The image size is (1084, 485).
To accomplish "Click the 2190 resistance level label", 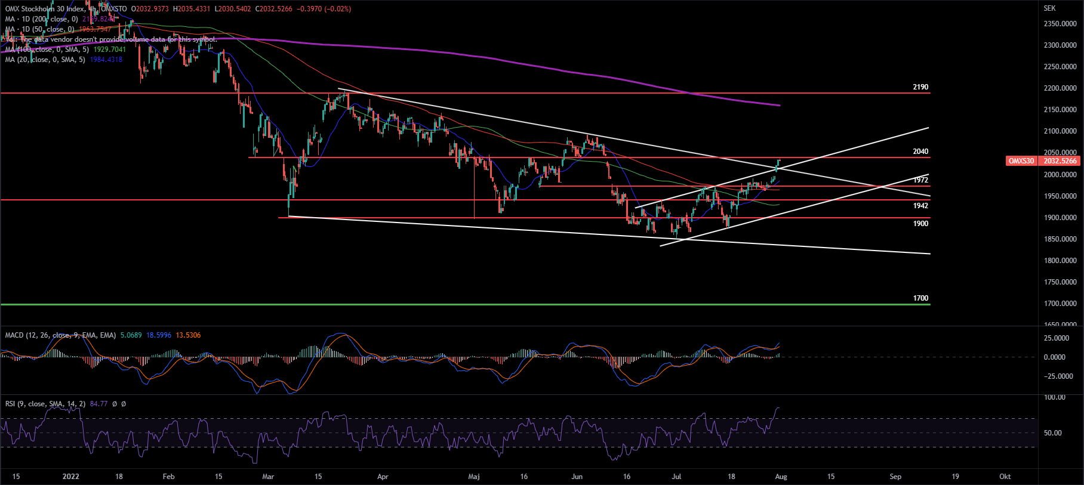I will click(x=920, y=87).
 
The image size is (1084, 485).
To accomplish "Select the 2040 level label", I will click(x=920, y=152).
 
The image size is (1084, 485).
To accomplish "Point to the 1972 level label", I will click(x=920, y=180).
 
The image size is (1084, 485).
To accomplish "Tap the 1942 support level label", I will click(x=920, y=206).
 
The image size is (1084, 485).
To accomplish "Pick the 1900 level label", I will click(x=920, y=224).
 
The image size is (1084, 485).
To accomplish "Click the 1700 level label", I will click(x=920, y=298).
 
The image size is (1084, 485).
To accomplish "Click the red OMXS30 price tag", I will click(x=1021, y=161).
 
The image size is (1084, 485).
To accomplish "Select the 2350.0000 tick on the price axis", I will click(x=1060, y=24).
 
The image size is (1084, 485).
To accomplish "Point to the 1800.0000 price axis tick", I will click(x=1060, y=261).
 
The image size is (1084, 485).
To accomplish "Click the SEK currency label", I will click(x=1049, y=8).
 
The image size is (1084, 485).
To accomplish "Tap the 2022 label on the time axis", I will click(x=70, y=477).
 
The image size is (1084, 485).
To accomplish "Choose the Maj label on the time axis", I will click(x=474, y=477).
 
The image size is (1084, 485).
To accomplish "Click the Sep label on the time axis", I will click(x=895, y=477).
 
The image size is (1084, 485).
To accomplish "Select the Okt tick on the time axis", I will click(x=1005, y=477).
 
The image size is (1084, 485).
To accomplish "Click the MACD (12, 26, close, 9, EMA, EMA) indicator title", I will click(x=60, y=335).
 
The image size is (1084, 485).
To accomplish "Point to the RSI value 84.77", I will click(x=98, y=404).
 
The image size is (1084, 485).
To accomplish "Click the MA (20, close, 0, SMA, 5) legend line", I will click(x=45, y=60).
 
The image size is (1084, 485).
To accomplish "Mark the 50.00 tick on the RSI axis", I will click(x=1053, y=433).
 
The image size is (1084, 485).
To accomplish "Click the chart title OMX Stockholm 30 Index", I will click(x=45, y=9).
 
